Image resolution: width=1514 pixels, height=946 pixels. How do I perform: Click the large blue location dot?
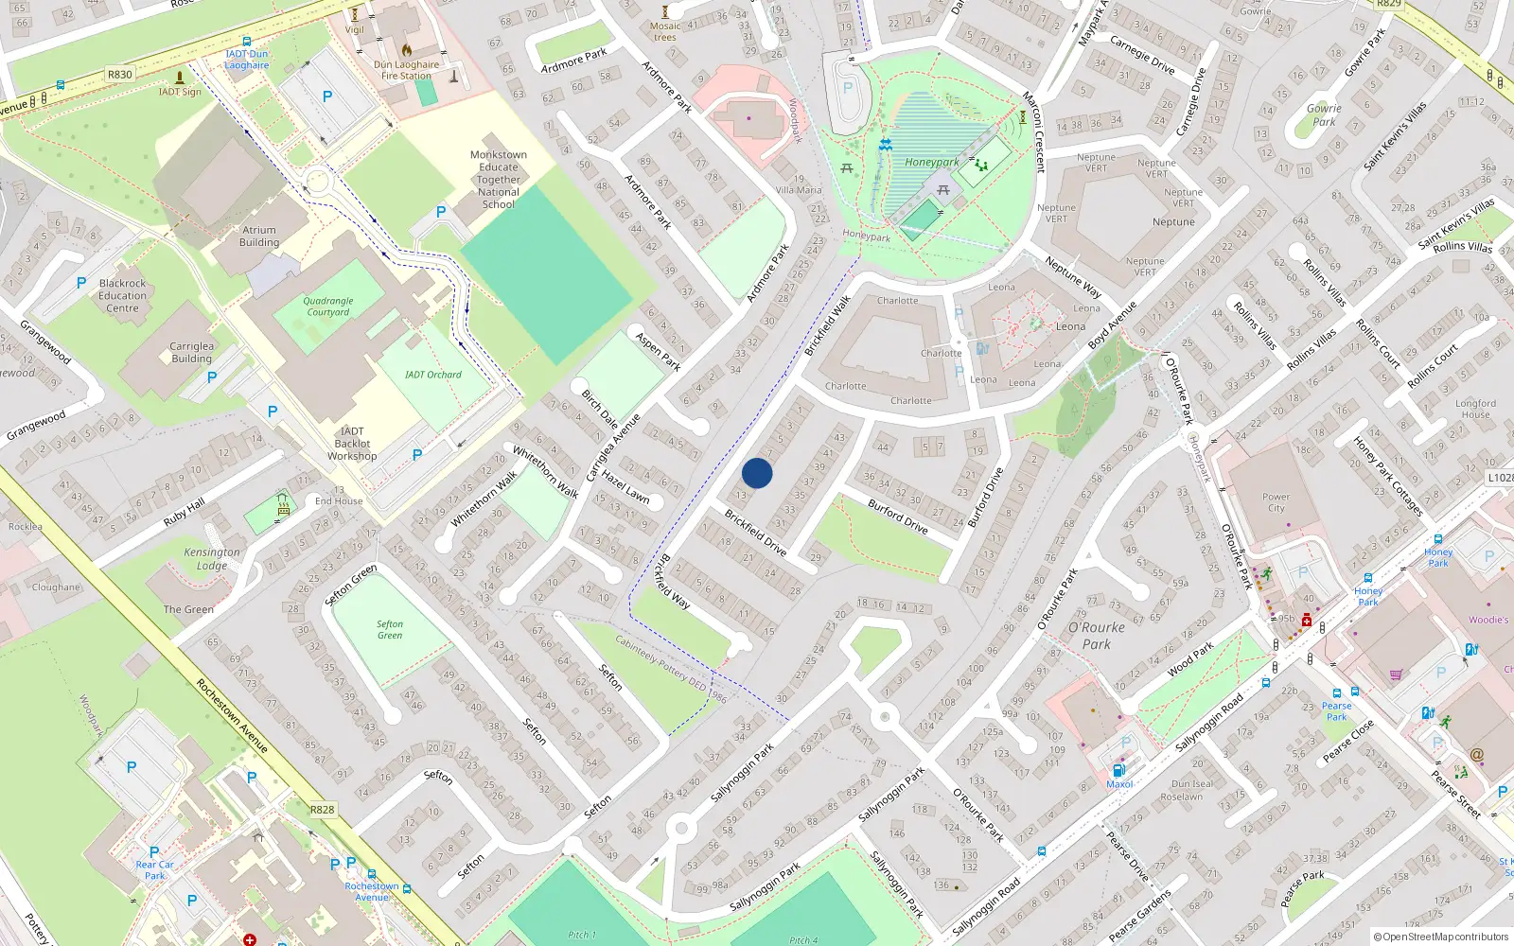tap(757, 473)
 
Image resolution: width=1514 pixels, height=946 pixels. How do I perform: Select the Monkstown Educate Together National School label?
tap(499, 179)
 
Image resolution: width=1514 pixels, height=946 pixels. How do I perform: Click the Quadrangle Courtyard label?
tap(328, 307)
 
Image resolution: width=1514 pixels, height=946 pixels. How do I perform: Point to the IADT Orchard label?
tap(433, 375)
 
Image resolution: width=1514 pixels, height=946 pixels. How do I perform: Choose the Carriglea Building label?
tap(192, 352)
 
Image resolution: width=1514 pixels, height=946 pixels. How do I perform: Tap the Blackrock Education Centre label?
tap(122, 295)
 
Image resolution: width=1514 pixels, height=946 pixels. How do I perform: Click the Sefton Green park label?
tap(390, 630)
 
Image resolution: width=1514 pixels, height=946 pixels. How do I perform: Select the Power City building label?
tap(1276, 502)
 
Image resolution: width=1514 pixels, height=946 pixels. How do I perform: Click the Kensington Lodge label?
tap(212, 558)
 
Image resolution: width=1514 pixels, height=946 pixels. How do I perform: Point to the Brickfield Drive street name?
tap(755, 533)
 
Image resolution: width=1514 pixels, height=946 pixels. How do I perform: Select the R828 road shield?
tap(323, 810)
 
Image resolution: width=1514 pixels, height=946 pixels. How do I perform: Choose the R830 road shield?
tap(120, 74)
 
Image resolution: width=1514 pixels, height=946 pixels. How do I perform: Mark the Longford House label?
tap(1475, 409)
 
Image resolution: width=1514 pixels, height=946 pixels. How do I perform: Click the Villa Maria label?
tap(799, 190)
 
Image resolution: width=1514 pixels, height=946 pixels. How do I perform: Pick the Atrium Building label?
tap(259, 236)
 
